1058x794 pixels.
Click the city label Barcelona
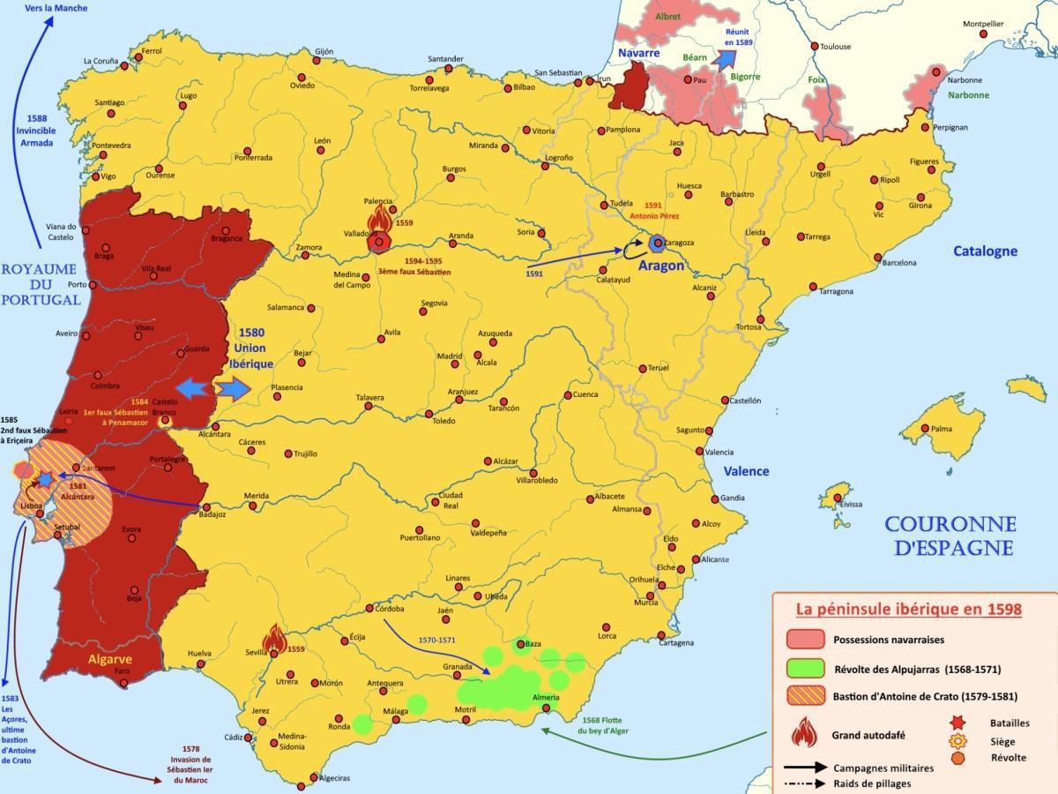pos(898,262)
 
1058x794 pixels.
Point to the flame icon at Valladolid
pos(379,220)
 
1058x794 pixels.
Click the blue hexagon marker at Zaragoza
pos(656,242)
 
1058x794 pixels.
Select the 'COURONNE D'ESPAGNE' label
pos(950,536)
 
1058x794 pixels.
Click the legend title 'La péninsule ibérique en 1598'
pos(908,610)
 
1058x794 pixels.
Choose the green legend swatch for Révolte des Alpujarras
pos(805,668)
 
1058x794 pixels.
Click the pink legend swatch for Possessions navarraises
pos(805,639)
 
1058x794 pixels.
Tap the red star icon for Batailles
pos(958,723)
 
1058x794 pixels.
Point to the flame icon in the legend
pos(803,731)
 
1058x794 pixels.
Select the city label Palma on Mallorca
pos(941,430)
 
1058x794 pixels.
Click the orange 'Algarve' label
pos(109,658)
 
